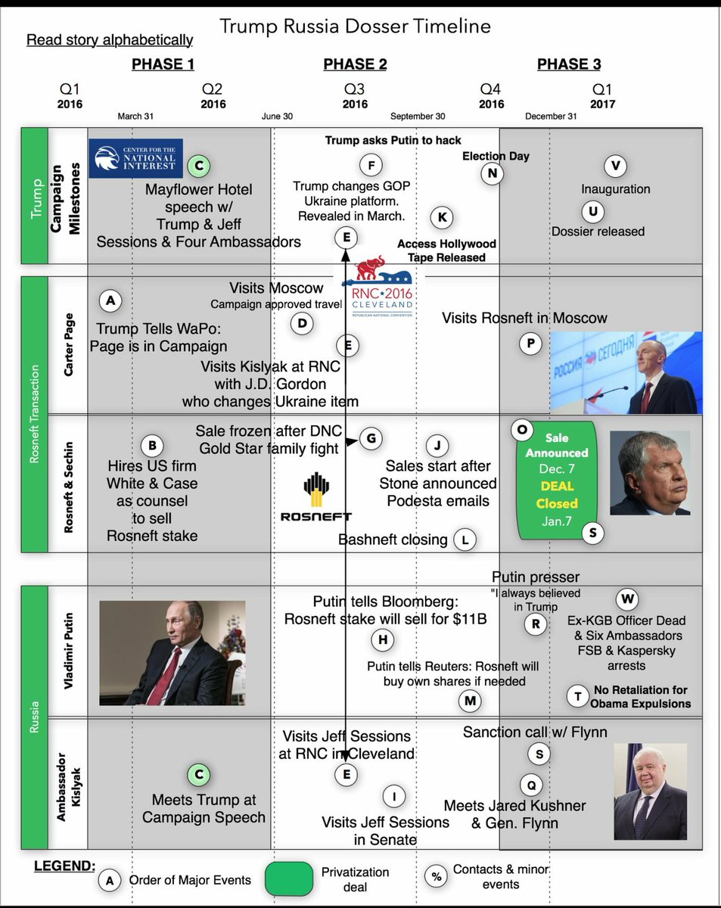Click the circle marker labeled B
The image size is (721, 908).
153,445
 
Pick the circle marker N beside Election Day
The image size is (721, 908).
493,173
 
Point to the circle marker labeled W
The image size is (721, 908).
627,600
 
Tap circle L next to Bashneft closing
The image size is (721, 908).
465,540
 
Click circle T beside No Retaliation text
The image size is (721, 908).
578,697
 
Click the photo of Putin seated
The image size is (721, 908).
172,653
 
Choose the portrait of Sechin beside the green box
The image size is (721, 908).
650,473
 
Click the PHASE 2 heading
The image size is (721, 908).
355,64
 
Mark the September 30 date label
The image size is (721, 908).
418,117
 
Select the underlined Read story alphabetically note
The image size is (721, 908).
110,40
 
